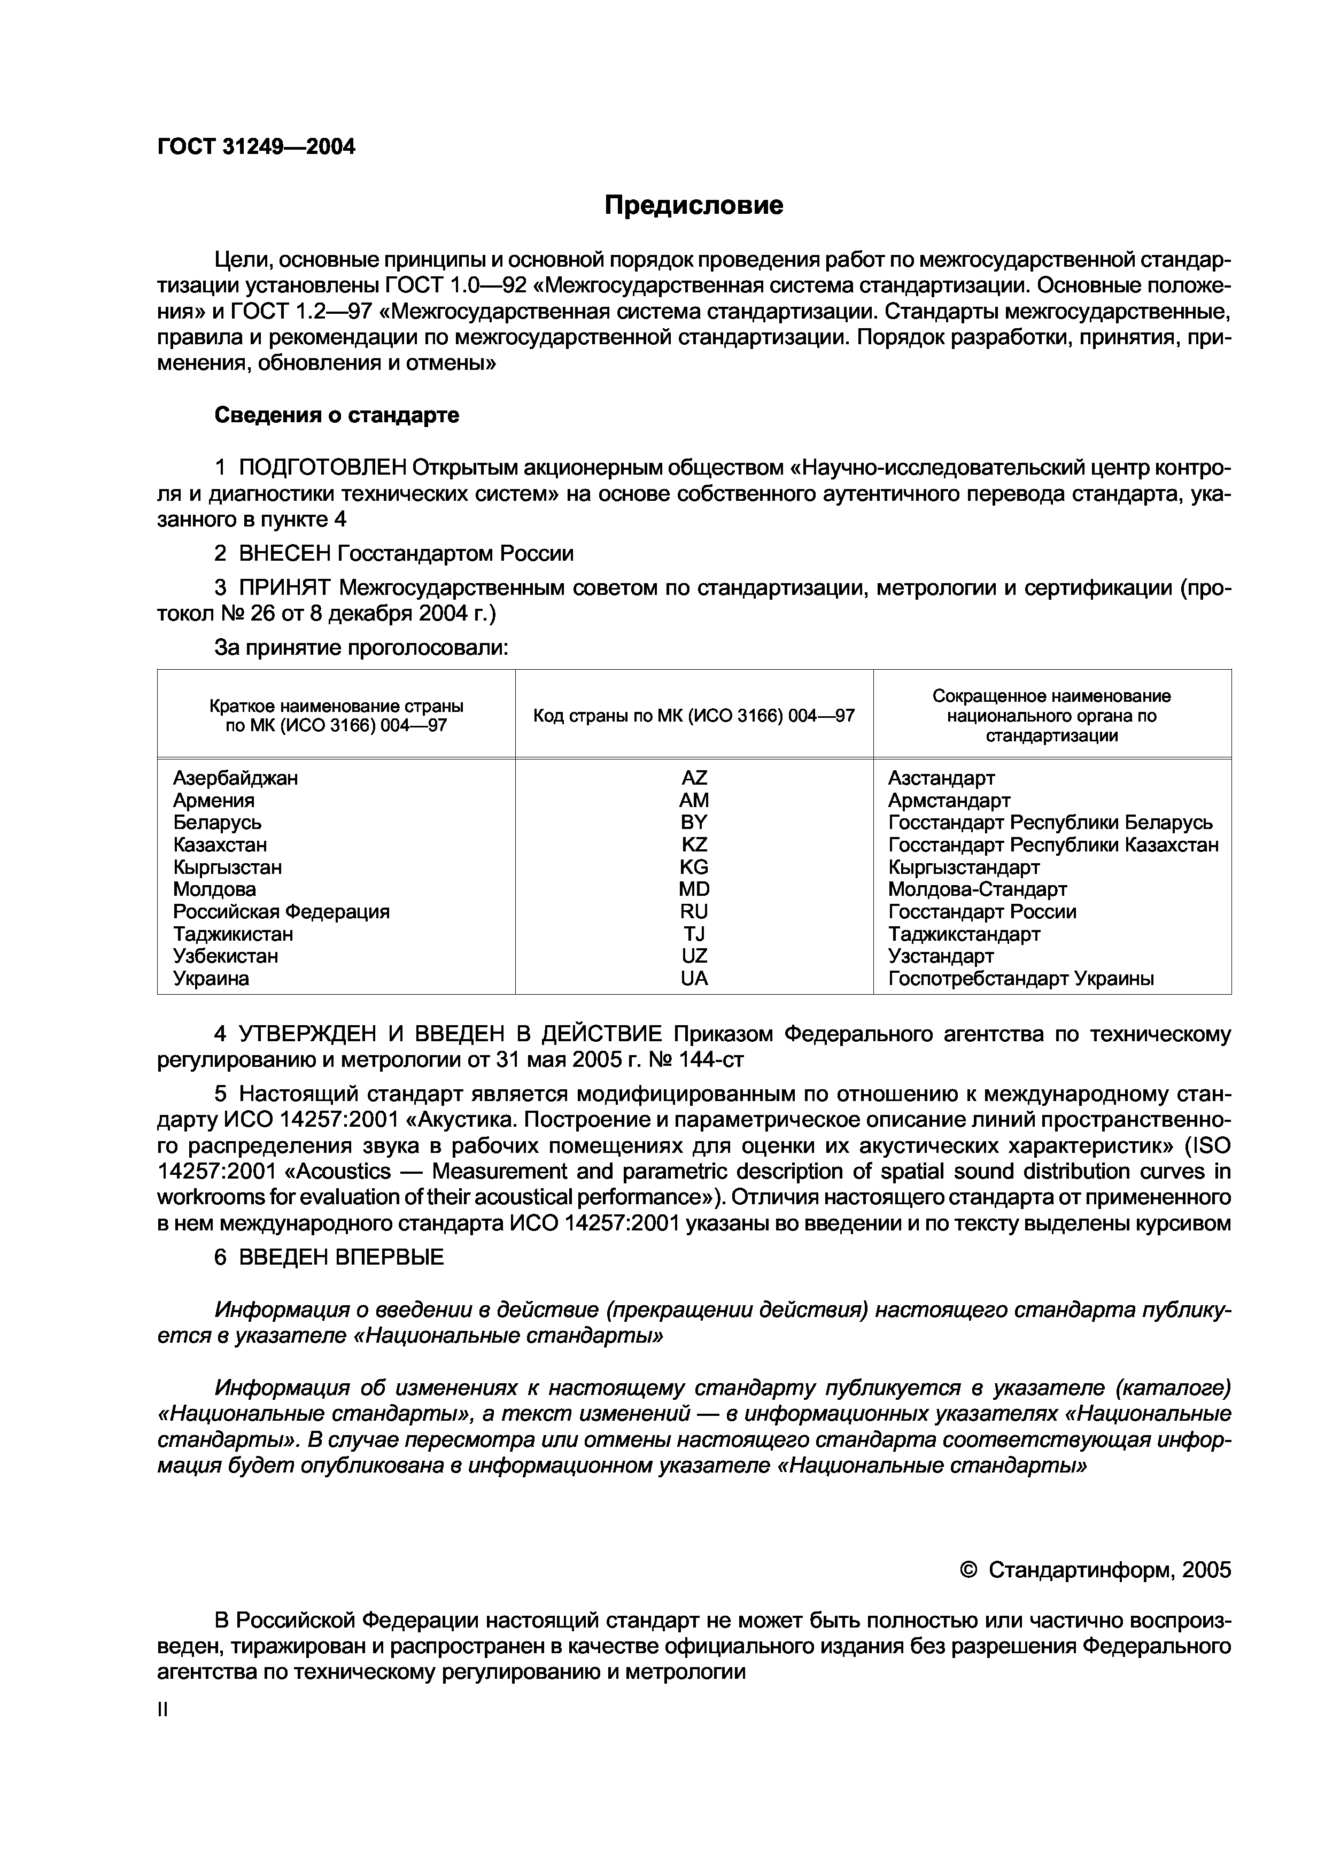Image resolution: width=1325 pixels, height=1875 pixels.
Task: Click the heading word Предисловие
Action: [x=693, y=206]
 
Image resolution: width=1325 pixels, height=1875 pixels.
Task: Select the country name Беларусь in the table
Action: [x=217, y=823]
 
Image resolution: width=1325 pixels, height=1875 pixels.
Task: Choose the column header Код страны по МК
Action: [x=693, y=716]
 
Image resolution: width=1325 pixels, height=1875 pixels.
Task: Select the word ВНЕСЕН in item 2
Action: [x=284, y=554]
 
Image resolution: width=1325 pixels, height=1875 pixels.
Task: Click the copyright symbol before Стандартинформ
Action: [x=969, y=1570]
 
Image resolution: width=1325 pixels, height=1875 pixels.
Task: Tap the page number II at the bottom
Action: [x=161, y=1710]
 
